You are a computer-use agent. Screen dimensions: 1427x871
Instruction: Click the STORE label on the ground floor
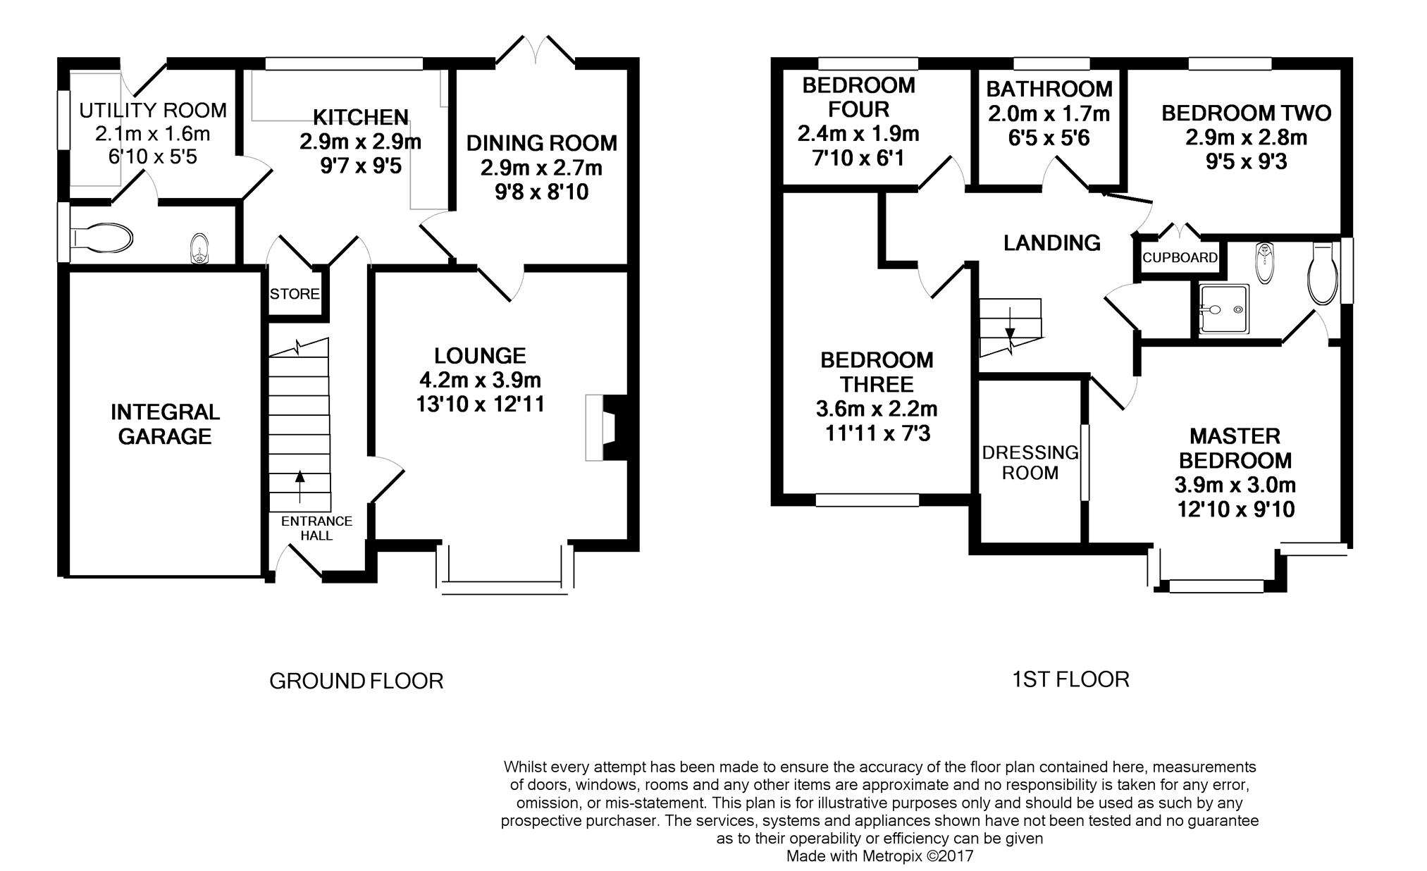295,294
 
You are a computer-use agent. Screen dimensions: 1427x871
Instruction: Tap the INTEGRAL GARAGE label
165,424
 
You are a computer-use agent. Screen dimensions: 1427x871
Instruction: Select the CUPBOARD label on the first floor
1180,257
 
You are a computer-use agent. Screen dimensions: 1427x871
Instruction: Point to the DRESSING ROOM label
1030,462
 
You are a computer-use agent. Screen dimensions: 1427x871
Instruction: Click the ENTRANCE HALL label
316,528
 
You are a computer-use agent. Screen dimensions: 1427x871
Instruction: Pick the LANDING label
1051,243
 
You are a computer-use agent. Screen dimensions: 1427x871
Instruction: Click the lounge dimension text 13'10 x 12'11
481,404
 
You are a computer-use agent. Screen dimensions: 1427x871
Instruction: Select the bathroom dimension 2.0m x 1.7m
1049,113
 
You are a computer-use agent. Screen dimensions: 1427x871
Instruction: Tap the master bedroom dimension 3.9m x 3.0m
1235,485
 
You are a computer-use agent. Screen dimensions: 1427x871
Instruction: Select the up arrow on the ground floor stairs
299,486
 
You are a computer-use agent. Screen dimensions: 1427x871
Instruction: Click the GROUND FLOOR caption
356,681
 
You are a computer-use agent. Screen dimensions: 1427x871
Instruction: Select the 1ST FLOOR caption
1070,679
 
